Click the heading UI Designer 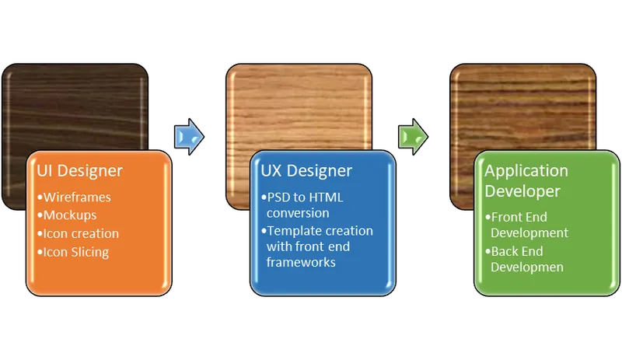[x=80, y=171]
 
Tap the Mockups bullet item [x=72, y=215]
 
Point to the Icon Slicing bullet [x=75, y=252]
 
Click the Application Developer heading [x=526, y=180]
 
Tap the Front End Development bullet [x=529, y=225]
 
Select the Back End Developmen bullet [x=527, y=260]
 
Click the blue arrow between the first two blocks [x=190, y=138]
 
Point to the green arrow [x=413, y=138]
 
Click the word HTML [x=324, y=197]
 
